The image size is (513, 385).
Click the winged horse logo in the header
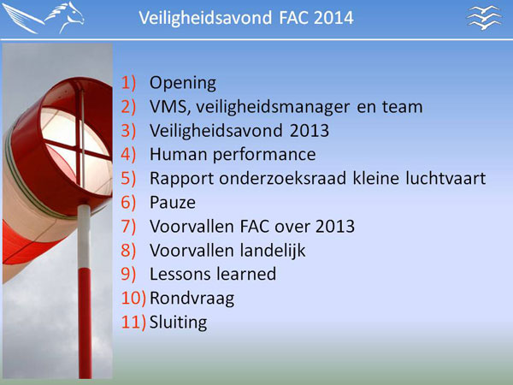coord(44,18)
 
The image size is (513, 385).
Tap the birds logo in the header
coord(484,17)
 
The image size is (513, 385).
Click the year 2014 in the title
coord(333,17)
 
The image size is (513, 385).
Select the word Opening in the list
coord(183,84)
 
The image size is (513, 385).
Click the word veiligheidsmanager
coord(273,108)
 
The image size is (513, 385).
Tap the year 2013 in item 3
coord(310,131)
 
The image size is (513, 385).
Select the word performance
coord(264,155)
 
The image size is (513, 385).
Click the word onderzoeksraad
coord(282,179)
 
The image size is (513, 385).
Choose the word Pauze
coord(173,202)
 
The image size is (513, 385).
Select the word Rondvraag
coord(192,299)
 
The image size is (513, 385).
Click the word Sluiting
coord(178,323)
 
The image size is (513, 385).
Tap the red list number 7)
coord(128,226)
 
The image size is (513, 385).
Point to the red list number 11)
coord(133,323)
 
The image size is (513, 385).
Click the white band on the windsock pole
coord(84,236)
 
